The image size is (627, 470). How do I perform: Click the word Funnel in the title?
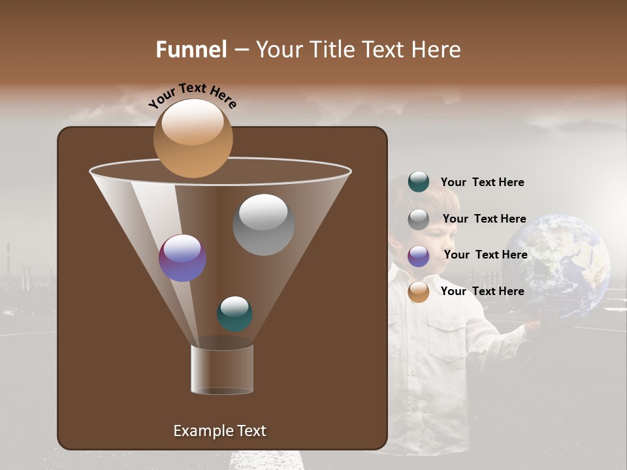pos(191,50)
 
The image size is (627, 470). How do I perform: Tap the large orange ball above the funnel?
pos(193,138)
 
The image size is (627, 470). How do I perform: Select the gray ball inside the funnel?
pos(263,224)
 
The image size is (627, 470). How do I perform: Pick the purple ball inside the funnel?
pos(183,258)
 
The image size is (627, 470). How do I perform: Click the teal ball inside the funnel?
pos(234,313)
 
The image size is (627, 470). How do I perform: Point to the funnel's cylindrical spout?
pos(222,369)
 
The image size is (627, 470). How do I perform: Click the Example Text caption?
pos(219,431)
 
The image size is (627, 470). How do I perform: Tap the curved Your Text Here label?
pos(192,95)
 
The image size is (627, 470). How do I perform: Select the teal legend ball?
pos(419,181)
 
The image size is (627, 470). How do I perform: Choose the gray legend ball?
pos(419,219)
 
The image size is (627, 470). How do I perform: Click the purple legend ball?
pos(419,256)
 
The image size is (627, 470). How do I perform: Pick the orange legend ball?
pos(419,292)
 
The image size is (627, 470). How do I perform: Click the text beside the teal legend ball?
pos(482,183)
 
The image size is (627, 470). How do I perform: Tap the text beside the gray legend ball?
pos(484,219)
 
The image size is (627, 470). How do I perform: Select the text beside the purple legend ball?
pos(485,255)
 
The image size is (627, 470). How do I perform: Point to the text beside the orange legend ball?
pos(482,291)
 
